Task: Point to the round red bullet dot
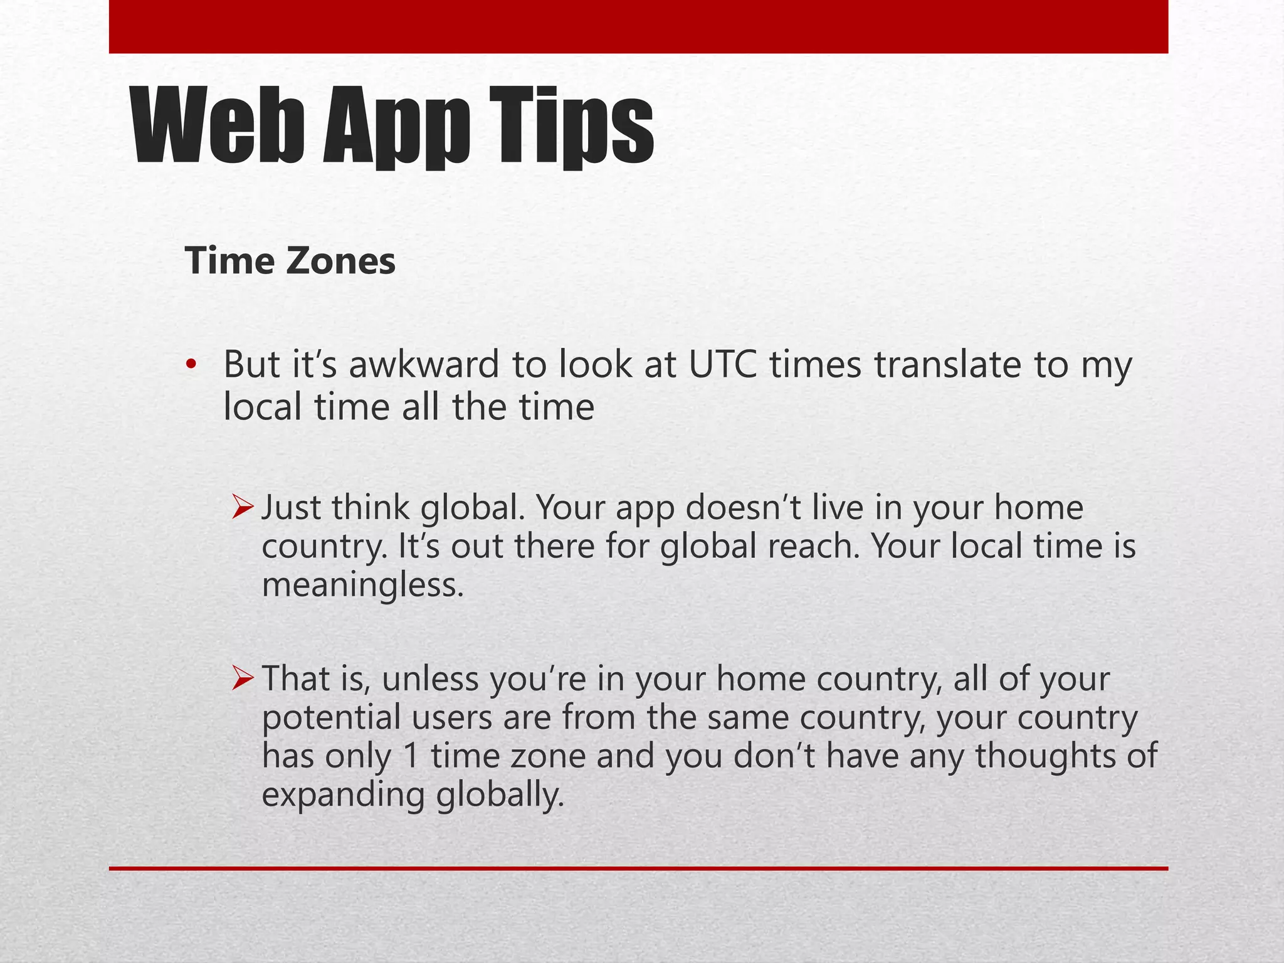pyautogui.click(x=191, y=364)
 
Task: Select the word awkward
pyautogui.click(x=423, y=364)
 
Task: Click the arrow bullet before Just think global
pyautogui.click(x=242, y=507)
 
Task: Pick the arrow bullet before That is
pyautogui.click(x=242, y=678)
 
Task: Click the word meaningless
pyautogui.click(x=362, y=586)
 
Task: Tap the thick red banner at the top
pyautogui.click(x=638, y=26)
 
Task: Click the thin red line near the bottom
pyautogui.click(x=638, y=868)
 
